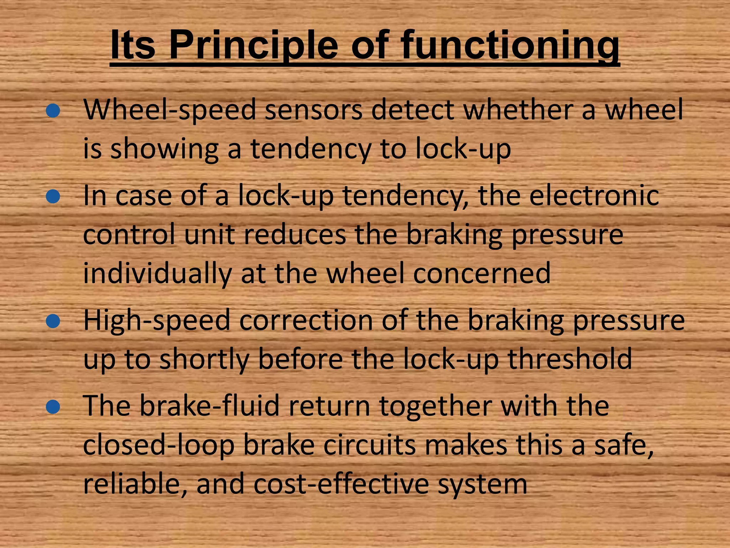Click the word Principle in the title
point(253,46)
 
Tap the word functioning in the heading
point(510,46)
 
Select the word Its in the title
point(133,46)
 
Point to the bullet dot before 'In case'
point(53,196)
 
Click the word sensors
point(314,110)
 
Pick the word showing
point(164,149)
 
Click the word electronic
point(594,196)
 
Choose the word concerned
point(482,273)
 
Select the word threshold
point(570,359)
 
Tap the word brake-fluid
point(209,406)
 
